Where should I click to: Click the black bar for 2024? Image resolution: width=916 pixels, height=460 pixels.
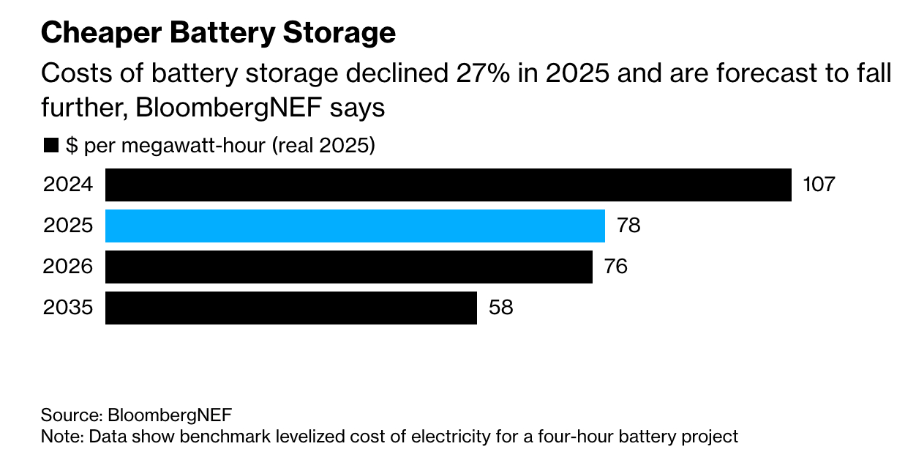tap(448, 185)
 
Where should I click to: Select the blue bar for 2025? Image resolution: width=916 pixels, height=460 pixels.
tap(355, 226)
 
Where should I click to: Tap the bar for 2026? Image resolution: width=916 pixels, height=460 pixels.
tap(348, 267)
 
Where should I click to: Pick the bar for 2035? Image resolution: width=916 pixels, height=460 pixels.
tap(291, 308)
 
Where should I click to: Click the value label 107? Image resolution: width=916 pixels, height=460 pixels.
tap(819, 185)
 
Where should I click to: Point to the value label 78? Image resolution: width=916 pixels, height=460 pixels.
tap(628, 226)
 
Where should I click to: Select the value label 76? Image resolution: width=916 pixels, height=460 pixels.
tap(616, 267)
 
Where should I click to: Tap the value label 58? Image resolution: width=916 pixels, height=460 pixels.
tap(500, 308)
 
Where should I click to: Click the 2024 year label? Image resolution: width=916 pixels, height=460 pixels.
tap(68, 185)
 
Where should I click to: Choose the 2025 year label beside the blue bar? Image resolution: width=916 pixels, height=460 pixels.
tap(68, 226)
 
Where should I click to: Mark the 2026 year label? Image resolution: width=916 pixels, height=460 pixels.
tap(68, 267)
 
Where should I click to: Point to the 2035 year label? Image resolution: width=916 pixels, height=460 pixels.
tap(68, 308)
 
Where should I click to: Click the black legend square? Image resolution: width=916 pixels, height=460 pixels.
tap(50, 146)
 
